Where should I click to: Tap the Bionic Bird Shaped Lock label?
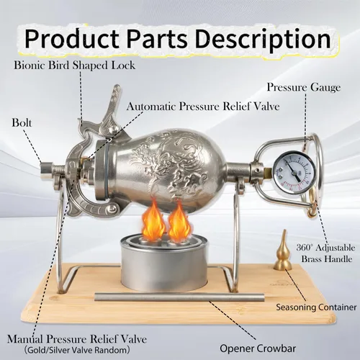[75, 66]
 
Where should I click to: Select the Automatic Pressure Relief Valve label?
[203, 107]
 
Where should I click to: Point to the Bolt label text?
[22, 122]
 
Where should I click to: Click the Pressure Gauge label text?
[304, 87]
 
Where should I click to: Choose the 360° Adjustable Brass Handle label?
[325, 253]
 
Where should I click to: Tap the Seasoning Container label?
[316, 307]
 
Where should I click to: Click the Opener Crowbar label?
[258, 348]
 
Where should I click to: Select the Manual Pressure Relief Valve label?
[77, 339]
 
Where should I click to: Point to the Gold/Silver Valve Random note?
[77, 350]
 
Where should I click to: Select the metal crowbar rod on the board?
[179, 297]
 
